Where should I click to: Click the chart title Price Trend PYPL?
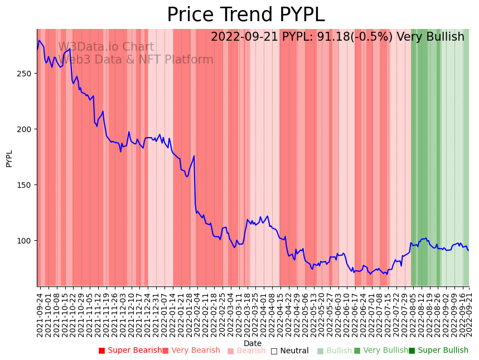(x=245, y=15)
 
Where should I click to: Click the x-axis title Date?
(x=253, y=343)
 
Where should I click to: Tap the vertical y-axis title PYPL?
(x=9, y=158)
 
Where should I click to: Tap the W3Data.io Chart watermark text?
(x=106, y=47)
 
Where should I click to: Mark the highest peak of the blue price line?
(x=39, y=40)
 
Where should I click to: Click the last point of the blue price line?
(x=468, y=250)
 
